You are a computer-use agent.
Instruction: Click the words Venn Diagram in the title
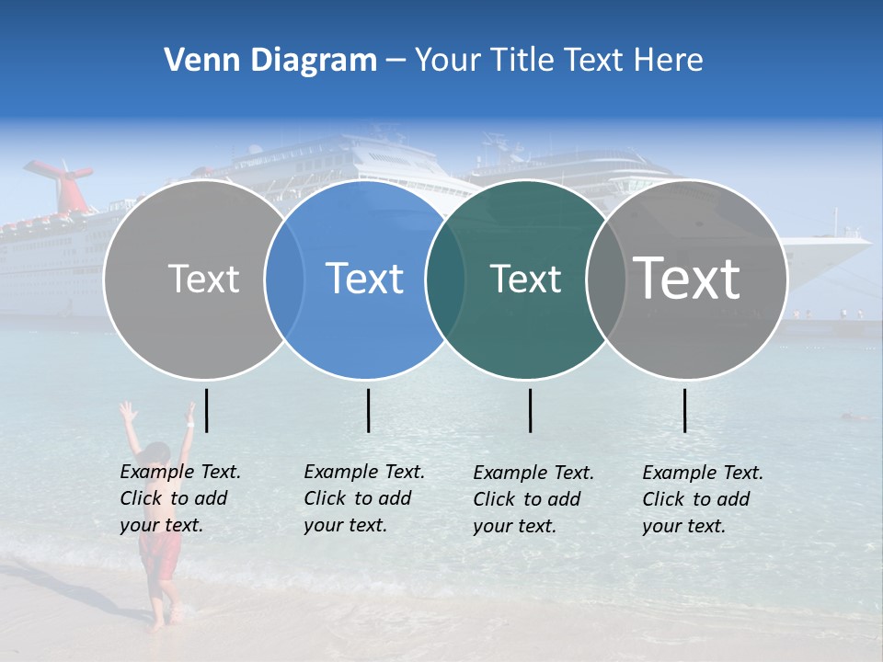270,61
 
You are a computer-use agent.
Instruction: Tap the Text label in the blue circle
365,279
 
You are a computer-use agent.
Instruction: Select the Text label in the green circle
525,280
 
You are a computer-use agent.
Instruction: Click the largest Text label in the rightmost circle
687,278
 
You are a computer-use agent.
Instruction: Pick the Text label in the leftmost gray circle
203,279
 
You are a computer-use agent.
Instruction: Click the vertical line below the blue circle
368,410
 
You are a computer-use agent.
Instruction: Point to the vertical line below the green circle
530,410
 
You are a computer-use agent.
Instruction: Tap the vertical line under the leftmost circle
207,410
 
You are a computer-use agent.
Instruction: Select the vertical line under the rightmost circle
685,410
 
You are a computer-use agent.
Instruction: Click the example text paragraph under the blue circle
363,498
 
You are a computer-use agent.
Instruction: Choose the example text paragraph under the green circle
533,499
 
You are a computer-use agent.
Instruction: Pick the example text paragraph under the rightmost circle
702,499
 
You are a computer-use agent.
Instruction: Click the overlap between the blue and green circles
445,280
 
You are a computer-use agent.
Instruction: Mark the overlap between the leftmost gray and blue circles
284,280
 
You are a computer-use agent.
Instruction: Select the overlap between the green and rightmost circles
606,280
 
